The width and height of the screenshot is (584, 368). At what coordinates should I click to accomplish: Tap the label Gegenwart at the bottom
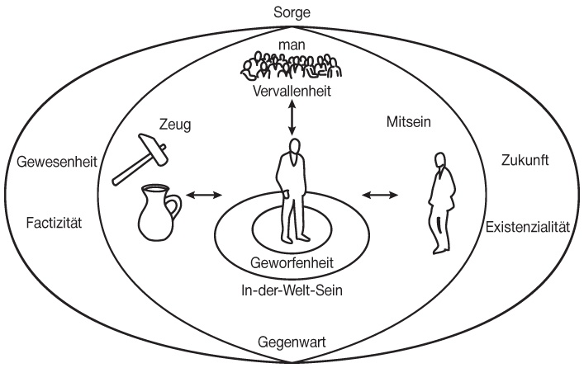point(292,339)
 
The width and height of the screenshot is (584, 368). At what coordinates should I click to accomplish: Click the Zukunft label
point(525,162)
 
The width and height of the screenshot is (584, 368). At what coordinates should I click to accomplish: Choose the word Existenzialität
point(527,226)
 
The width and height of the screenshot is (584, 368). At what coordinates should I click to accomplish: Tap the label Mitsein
point(409,123)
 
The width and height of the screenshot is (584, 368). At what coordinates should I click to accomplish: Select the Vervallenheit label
point(292,92)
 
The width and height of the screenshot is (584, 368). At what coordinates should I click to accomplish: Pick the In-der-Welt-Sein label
point(291,290)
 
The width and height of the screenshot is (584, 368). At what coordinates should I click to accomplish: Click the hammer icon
point(139,162)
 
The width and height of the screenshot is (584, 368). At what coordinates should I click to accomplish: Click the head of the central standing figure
point(292,147)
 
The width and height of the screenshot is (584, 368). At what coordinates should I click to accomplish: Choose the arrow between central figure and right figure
point(379,195)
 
